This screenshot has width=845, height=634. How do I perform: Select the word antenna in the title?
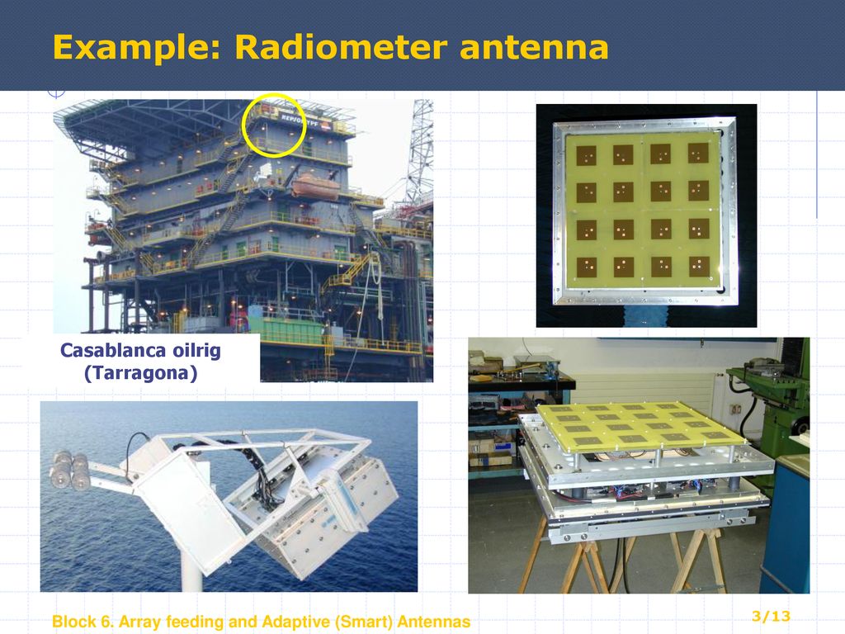[534, 47]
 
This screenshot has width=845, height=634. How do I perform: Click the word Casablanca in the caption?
[111, 350]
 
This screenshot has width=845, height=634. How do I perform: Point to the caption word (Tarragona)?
[140, 372]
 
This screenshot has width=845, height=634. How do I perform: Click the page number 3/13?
[772, 616]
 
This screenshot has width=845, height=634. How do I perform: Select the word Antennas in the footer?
[434, 622]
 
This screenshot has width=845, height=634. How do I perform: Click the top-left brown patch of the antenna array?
[587, 156]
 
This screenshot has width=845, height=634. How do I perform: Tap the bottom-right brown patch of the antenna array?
[699, 267]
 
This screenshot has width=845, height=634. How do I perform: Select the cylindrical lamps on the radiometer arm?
[70, 471]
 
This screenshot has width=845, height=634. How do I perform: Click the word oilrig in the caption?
[196, 350]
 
